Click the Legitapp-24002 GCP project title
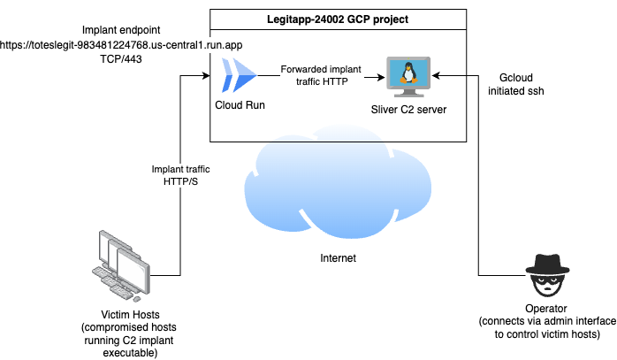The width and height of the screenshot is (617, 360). tap(338, 19)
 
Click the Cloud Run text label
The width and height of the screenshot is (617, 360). tap(240, 105)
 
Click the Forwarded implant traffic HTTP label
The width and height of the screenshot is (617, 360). tap(319, 75)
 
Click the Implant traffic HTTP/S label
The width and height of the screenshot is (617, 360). tap(182, 175)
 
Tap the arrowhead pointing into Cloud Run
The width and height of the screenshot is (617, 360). tap(209, 76)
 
